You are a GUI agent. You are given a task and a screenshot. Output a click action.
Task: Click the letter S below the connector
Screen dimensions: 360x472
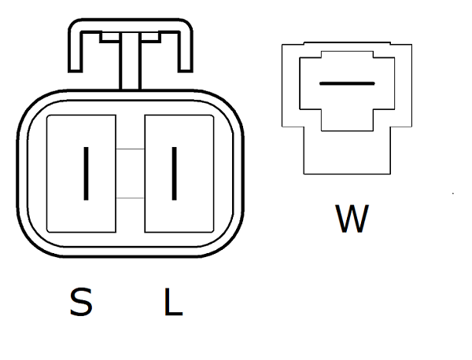(80, 302)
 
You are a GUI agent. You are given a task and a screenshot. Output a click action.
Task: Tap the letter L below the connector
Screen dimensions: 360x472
(173, 302)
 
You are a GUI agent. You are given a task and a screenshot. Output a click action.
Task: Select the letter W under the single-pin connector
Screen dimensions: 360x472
(351, 219)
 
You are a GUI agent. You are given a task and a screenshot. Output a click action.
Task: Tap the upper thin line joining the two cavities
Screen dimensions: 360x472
(129, 149)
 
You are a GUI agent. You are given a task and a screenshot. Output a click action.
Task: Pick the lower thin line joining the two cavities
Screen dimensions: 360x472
(129, 198)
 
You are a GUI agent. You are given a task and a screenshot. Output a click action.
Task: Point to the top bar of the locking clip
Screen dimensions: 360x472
(129, 24)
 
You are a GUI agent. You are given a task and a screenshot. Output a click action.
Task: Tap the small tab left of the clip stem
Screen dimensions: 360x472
(111, 35)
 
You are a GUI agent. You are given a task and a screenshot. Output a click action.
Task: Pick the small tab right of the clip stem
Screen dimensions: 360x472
(149, 35)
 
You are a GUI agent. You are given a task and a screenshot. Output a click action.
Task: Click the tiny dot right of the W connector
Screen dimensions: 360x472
(453, 193)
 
